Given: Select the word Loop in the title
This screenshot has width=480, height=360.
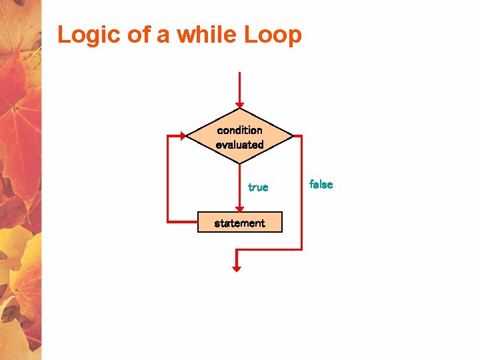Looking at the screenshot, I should coord(273,35).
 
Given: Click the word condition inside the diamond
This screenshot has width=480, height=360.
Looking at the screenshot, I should coord(240,130).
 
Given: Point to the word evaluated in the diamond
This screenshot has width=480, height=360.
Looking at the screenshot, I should coord(240,144).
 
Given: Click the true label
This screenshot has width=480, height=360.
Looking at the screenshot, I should coord(258,187).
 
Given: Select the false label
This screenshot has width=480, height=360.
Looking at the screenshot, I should coord(321,185).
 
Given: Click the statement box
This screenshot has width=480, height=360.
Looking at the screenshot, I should coord(240,223).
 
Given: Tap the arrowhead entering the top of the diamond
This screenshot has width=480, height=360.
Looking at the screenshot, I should coord(239,104).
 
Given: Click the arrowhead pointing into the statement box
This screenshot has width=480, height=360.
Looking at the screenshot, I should coord(239,208).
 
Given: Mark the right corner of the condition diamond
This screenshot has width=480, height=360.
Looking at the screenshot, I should coord(292,136).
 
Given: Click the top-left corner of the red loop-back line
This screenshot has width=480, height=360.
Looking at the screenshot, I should coord(168,136).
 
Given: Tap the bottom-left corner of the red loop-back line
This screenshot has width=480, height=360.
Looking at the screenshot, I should coord(168,221).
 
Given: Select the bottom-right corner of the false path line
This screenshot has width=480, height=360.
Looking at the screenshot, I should coord(301,249).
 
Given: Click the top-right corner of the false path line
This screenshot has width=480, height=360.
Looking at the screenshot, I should coord(301,136).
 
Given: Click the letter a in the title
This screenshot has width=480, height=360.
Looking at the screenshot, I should coord(163,36).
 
